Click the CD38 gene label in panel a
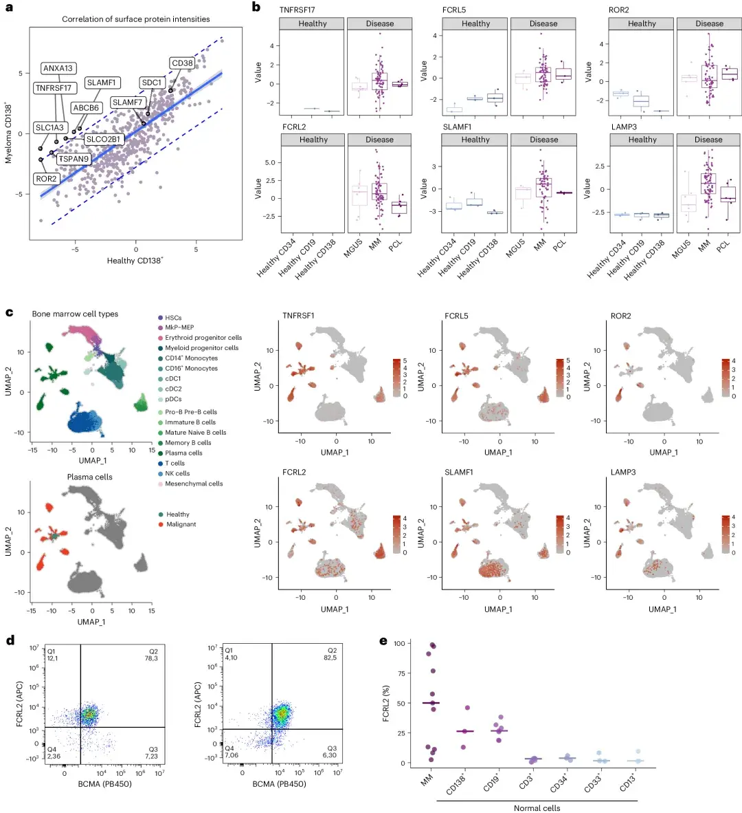click(182, 63)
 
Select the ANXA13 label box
click(58, 68)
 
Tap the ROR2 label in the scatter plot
click(46, 179)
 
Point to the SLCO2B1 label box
click(103, 139)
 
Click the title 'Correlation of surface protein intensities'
click(136, 19)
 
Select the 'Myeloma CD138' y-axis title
click(8, 133)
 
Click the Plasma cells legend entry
click(183, 453)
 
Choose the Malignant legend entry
click(181, 524)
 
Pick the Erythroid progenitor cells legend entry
click(203, 338)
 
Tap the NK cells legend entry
click(177, 473)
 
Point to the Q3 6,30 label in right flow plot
click(330, 751)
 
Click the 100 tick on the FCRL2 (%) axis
click(399, 643)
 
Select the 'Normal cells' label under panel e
click(537, 808)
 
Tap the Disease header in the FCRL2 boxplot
click(379, 140)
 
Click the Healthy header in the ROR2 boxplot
click(642, 23)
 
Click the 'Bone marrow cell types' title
click(75, 314)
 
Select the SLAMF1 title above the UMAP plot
click(459, 473)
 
